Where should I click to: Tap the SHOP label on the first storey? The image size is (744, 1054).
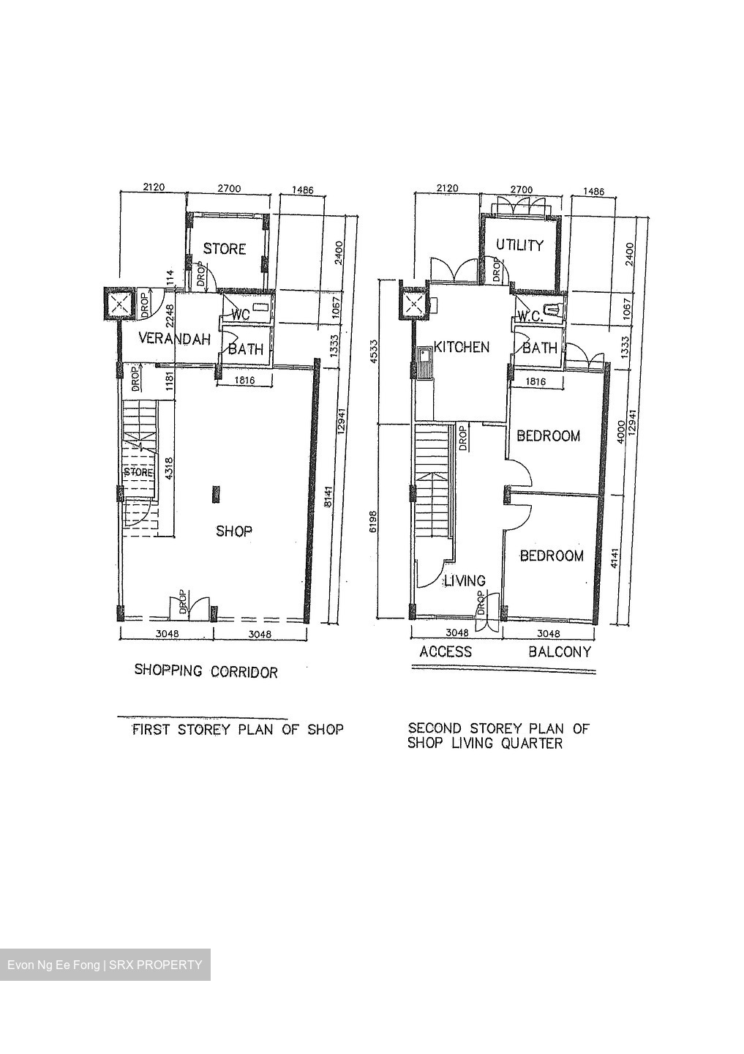233,531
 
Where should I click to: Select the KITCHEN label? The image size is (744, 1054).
462,347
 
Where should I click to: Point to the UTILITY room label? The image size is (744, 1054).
519,245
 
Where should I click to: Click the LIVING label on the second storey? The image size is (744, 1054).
465,580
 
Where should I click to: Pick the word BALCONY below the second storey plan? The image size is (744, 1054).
560,651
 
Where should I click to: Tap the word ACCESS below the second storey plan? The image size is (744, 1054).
445,651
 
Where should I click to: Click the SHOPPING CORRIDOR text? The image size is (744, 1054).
206,671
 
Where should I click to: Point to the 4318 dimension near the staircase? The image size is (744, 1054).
169,469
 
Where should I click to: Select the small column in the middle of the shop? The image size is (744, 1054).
215,495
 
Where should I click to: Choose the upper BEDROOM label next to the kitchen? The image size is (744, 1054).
548,436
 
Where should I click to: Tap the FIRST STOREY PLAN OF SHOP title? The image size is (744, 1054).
237,730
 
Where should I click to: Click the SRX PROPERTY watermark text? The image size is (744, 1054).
155,965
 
